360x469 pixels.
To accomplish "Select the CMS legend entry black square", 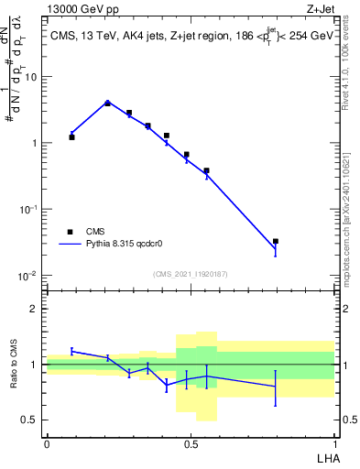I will pyautogui.click(x=69, y=232).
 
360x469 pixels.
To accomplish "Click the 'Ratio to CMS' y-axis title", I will pyautogui.click(x=13, y=365).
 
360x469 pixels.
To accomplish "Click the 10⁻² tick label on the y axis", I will pyautogui.click(x=29, y=276).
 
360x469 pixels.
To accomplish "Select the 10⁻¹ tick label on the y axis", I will pyautogui.click(x=29, y=210).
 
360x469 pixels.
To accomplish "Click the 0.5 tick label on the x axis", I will pyautogui.click(x=191, y=444).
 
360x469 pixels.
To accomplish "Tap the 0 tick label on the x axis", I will pyautogui.click(x=47, y=444).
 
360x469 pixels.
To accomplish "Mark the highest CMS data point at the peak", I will pyautogui.click(x=108, y=104).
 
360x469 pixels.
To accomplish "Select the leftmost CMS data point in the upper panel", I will pyautogui.click(x=71, y=136).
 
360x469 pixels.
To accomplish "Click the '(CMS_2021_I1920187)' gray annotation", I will pyautogui.click(x=190, y=274).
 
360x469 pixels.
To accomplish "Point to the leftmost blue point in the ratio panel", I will pyautogui.click(x=71, y=351).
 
